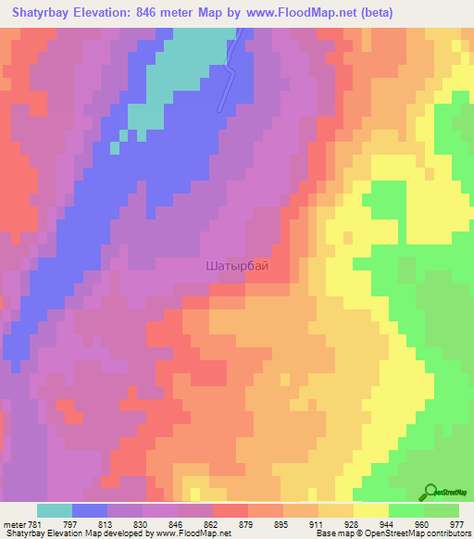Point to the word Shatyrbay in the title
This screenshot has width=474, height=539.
tap(43, 13)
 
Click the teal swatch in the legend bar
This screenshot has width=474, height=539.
tap(55, 510)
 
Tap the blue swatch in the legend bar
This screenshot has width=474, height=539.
tap(90, 510)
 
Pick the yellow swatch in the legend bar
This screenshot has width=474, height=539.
tap(371, 510)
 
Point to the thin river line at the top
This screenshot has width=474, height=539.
tap(230, 74)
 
